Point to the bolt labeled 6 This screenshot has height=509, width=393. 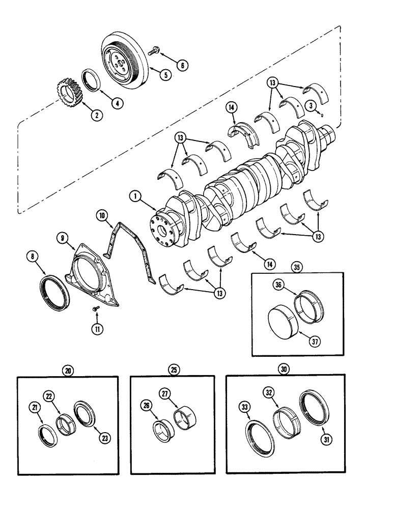pos(153,50)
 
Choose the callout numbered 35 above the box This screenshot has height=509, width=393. pos(295,266)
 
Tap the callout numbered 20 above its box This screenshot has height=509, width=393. pos(68,371)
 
